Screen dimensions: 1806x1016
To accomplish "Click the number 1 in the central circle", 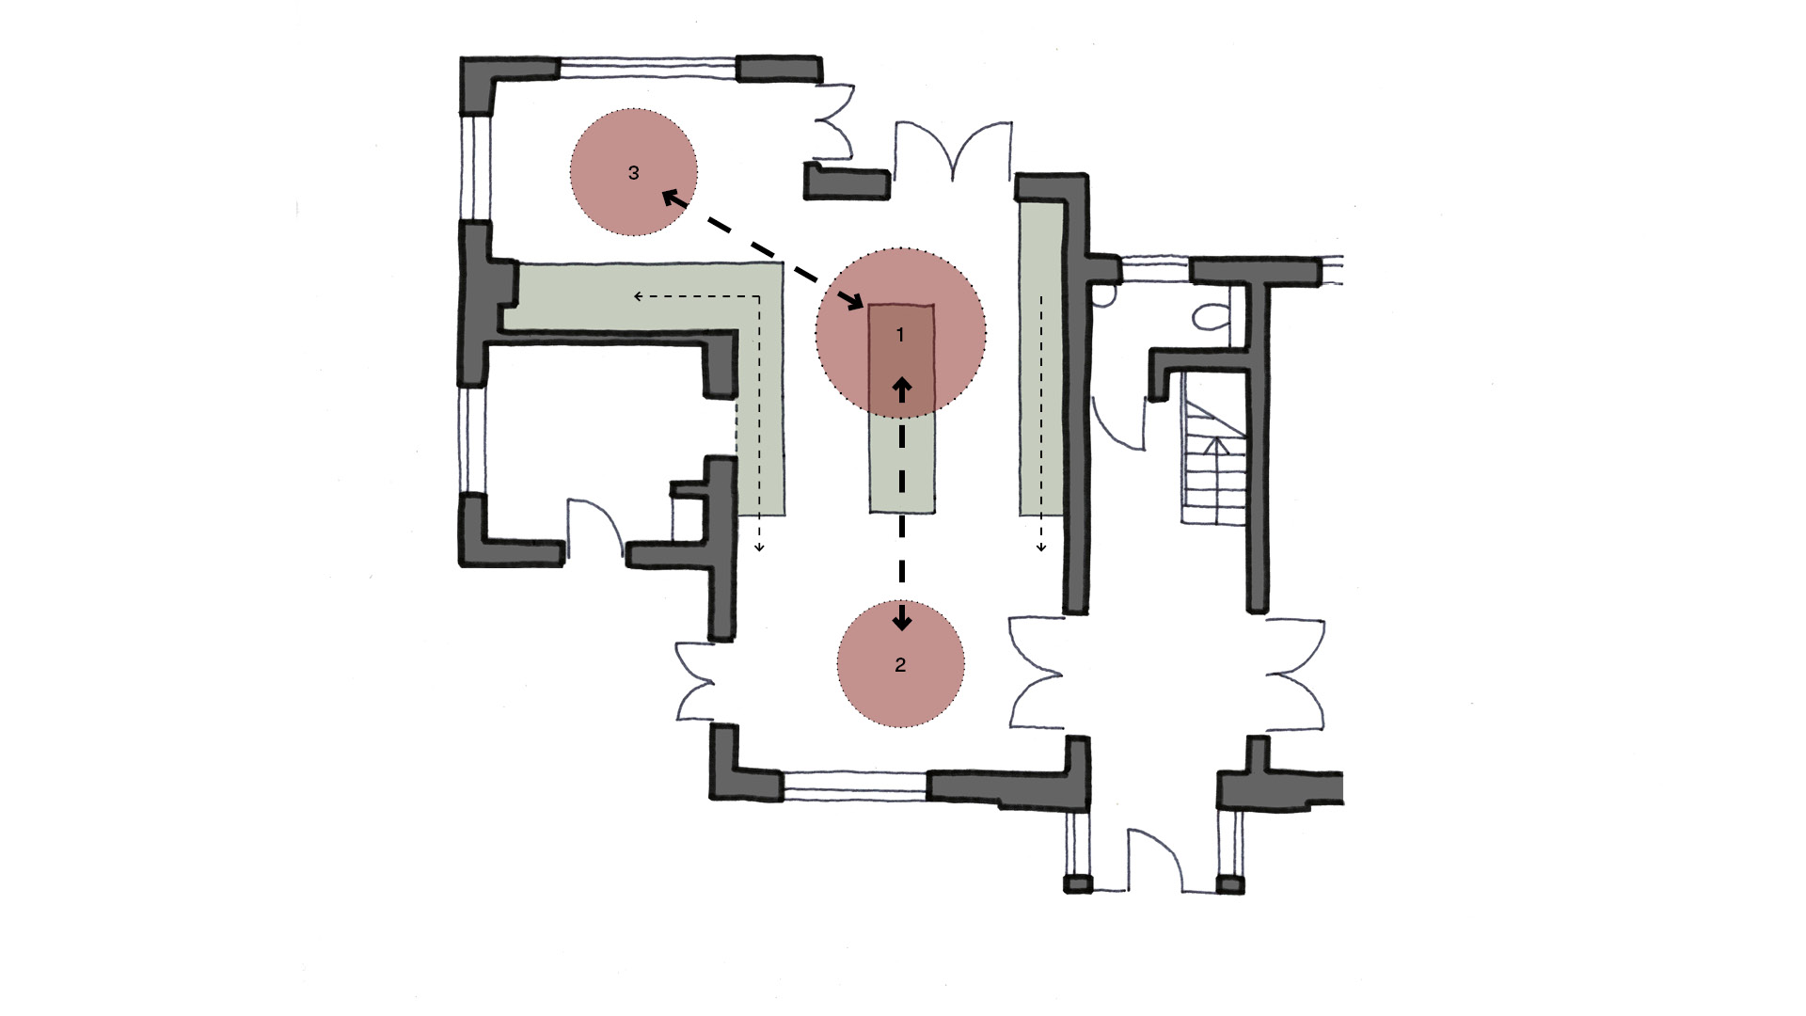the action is tap(900, 335).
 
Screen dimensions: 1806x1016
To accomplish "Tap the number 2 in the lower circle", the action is tap(900, 665).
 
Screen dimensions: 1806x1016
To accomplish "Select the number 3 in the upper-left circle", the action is tap(634, 173).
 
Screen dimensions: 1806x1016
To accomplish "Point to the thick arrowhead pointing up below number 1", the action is tap(902, 388).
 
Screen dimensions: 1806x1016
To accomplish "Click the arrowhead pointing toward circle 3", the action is tap(671, 198).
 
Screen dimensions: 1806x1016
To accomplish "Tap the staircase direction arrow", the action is tap(1217, 446).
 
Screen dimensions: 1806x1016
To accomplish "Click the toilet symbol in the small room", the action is tap(1212, 316).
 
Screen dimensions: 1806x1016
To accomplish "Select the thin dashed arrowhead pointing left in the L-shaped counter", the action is tap(640, 296).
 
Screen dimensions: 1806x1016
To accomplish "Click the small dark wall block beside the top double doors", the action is tap(846, 183).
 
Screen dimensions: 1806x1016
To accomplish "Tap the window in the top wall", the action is tap(647, 68).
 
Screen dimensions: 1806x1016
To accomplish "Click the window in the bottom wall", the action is tap(854, 786).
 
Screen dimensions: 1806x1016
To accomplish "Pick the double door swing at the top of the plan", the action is tap(953, 148).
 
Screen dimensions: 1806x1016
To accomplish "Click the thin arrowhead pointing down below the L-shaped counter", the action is tap(759, 547).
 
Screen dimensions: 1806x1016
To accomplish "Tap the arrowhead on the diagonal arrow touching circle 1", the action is tap(855, 302).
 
